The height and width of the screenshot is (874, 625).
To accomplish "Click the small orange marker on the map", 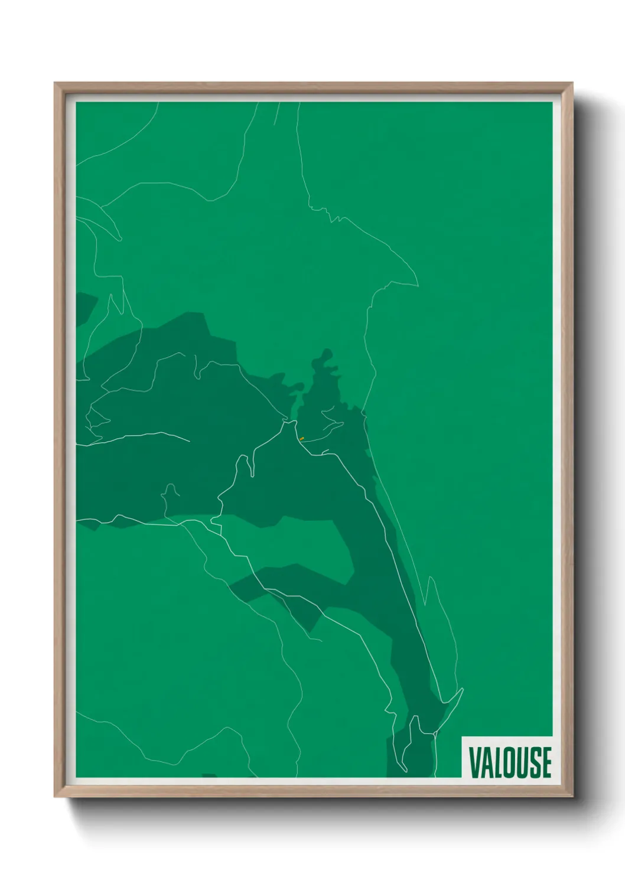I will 302,439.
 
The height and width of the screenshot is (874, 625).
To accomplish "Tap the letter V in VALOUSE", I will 474,762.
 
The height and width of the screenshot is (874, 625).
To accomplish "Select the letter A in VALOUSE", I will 487,762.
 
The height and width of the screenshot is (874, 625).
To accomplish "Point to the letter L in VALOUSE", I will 499,762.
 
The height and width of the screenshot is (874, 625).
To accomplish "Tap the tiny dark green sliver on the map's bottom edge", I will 209,775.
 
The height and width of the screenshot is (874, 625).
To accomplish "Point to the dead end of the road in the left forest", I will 189,441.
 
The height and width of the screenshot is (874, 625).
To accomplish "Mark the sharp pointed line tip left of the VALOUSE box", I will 463,689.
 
